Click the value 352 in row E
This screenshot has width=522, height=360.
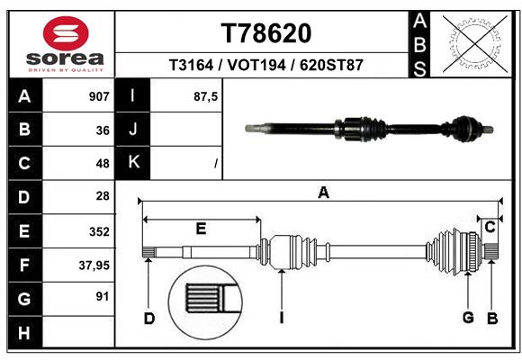pos(99,231)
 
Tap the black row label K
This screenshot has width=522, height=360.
pos(134,163)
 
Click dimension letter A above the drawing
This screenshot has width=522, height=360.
pos(324,192)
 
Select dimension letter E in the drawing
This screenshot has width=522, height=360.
pos(201,228)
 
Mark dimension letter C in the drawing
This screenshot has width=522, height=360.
pos(490,228)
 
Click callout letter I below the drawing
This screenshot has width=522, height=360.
pos(282,317)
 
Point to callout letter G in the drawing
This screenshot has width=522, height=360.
pos(467,317)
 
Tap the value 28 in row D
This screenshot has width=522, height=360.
pos(102,197)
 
